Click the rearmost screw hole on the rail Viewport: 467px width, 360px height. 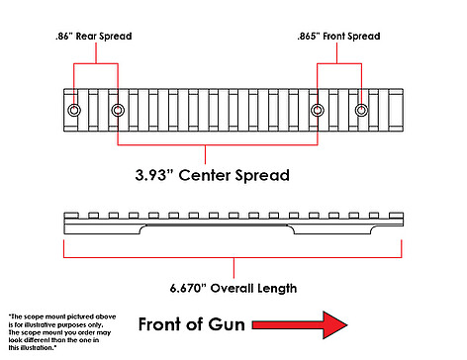pos(74,110)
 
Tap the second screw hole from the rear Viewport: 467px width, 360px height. pos(118,110)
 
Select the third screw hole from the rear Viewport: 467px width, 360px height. pos(318,110)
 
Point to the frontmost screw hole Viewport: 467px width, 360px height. pos(361,110)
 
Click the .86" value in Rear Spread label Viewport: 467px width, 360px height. pos(63,36)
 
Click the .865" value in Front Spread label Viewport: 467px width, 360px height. pos(309,36)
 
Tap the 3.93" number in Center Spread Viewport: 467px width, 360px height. pos(154,175)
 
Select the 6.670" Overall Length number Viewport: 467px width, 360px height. pos(188,288)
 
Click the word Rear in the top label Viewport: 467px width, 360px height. pos(86,36)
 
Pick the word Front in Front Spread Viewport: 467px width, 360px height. pos(334,36)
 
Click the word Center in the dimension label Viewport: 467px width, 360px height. pos(204,175)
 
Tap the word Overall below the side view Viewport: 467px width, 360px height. pos(233,288)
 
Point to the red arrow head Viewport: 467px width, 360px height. pos(334,324)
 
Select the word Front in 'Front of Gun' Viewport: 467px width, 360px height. pos(160,324)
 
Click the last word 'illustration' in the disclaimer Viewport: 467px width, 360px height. pos(38,348)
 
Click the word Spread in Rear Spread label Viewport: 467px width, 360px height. pos(116,37)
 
